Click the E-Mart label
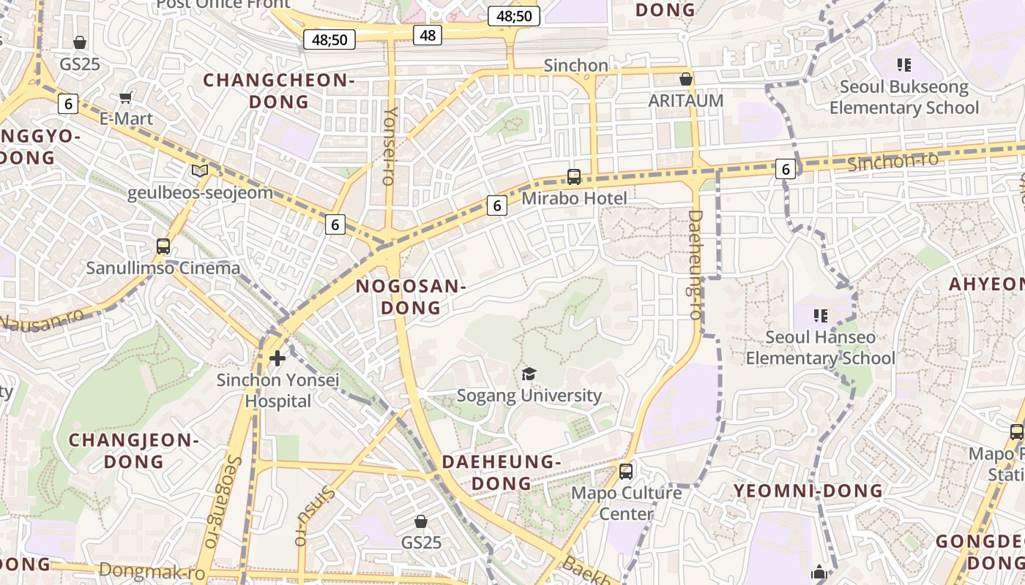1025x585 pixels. pos(126,118)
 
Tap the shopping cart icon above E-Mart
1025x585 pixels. pos(126,97)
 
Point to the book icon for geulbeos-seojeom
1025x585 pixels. pos(200,171)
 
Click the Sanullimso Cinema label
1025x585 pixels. pos(163,268)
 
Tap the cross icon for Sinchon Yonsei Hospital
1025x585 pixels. pos(277,358)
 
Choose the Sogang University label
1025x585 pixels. pos(529,396)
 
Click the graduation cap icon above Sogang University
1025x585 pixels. pos(529,374)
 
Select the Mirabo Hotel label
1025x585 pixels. pos(574,198)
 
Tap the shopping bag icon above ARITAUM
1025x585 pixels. pos(686,79)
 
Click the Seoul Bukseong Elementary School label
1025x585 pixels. pos(903,97)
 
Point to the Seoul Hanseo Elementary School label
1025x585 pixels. pos(820,347)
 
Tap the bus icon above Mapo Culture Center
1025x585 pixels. pos(626,472)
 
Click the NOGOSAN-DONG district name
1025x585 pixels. pos(411,297)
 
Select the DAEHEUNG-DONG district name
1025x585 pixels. pos(502,472)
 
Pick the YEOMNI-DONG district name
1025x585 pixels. pos(808,490)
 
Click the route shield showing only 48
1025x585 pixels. pos(428,34)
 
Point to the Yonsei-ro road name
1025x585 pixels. pos(390,146)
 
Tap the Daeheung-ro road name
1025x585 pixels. pos(695,265)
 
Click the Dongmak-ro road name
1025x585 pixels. pos(152,571)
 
